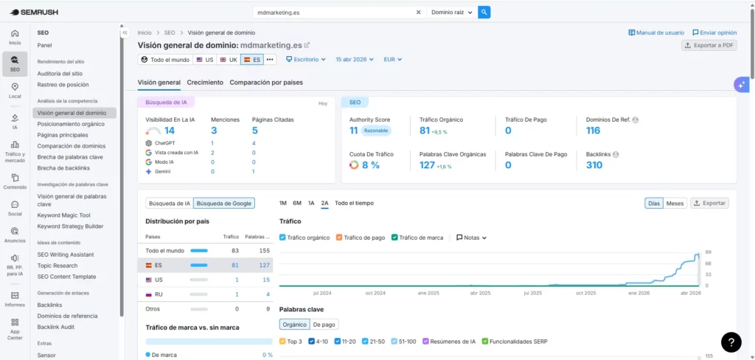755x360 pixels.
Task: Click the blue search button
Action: point(484,12)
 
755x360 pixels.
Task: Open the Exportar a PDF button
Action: point(709,45)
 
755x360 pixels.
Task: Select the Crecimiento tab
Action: point(205,83)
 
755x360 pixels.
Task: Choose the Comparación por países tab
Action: point(266,83)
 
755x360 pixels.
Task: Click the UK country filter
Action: point(229,60)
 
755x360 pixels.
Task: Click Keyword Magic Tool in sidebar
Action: point(64,215)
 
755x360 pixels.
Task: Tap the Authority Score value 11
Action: point(354,131)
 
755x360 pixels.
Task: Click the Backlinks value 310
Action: point(594,165)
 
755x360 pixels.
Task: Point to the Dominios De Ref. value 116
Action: point(593,131)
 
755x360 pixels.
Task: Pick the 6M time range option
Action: point(296,203)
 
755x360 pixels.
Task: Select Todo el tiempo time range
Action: point(354,203)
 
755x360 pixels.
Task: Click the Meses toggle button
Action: point(675,203)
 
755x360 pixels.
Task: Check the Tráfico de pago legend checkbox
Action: point(339,238)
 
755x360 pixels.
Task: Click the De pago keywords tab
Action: point(324,324)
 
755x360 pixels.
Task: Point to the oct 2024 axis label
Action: point(375,293)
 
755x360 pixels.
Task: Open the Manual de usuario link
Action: point(656,32)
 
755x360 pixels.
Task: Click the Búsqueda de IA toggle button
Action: point(169,203)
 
